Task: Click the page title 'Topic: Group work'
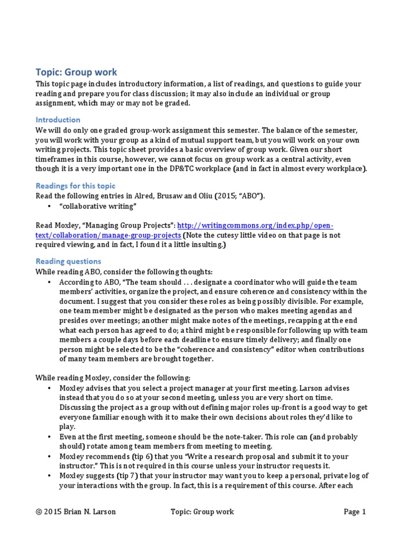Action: point(76,72)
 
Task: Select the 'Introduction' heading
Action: point(57,119)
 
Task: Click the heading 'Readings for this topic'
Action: point(75,186)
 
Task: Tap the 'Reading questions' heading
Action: point(68,262)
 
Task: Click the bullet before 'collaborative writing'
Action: point(49,206)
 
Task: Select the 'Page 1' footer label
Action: point(354,511)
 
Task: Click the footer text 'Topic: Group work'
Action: point(202,511)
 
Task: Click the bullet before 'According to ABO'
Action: point(49,282)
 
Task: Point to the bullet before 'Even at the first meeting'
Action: point(49,437)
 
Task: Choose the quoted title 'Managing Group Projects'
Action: point(128,225)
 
